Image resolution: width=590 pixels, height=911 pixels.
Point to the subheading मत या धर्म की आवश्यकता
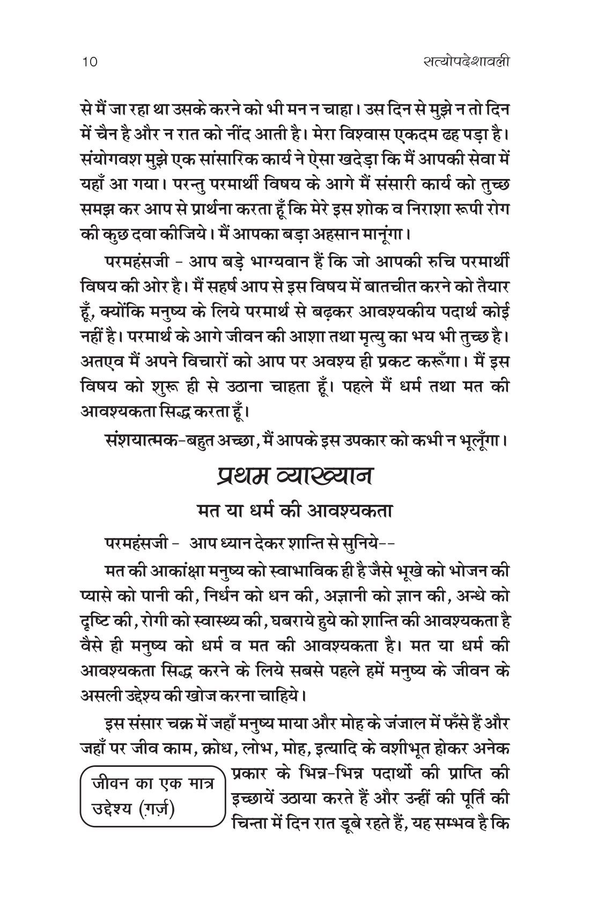pos(294,511)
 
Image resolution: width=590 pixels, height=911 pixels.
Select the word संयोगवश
pos(108,160)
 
